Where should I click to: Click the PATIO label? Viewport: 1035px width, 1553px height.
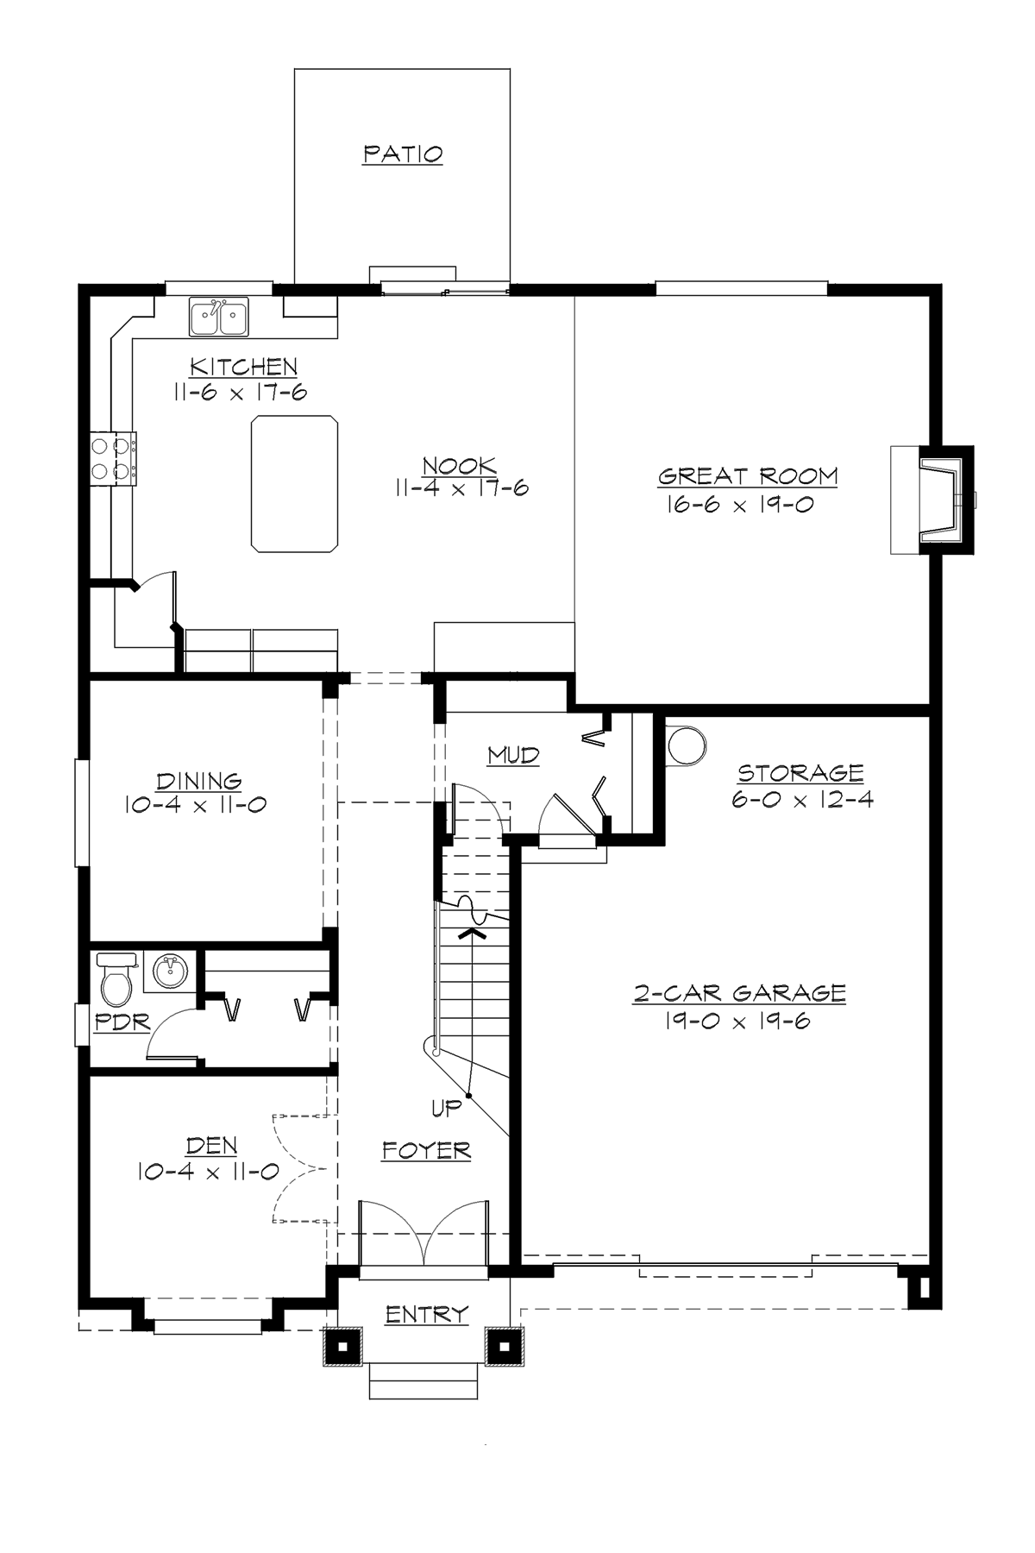coord(403,154)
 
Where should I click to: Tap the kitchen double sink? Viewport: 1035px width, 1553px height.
coord(219,318)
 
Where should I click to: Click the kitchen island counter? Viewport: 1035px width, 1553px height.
coord(293,483)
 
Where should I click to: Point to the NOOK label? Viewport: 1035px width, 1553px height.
coord(460,467)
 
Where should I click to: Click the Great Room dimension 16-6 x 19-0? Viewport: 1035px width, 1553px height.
coord(739,504)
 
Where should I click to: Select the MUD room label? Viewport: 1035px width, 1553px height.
coord(513,756)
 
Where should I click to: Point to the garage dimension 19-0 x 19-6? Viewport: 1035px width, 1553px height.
coord(737,1022)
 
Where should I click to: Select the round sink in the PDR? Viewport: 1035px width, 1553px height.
coord(168,972)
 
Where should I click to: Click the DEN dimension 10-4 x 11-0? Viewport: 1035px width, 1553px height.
coord(207,1171)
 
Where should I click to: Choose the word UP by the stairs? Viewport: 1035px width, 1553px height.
coord(447,1110)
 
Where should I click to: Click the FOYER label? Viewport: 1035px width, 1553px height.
coord(426,1150)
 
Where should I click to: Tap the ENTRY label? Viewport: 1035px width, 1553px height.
coord(426,1314)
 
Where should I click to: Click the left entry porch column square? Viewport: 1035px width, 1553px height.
coord(342,1346)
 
